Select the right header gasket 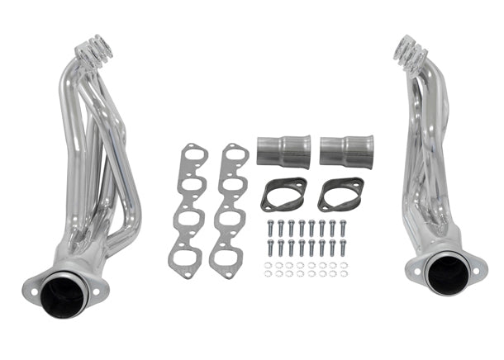pyautogui.click(x=229, y=211)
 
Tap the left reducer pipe pyautogui.click(x=283, y=151)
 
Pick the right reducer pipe pyautogui.click(x=346, y=150)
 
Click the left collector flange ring pyautogui.click(x=283, y=194)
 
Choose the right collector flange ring pyautogui.click(x=340, y=194)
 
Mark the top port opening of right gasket pyautogui.click(x=235, y=158)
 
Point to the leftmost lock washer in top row pyautogui.click(x=269, y=265)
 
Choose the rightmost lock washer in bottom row pyautogui.click(x=343, y=273)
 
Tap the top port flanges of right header pyautogui.click(x=411, y=50)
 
